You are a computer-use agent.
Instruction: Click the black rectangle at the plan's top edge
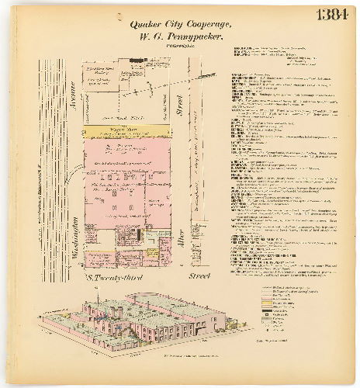140,60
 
